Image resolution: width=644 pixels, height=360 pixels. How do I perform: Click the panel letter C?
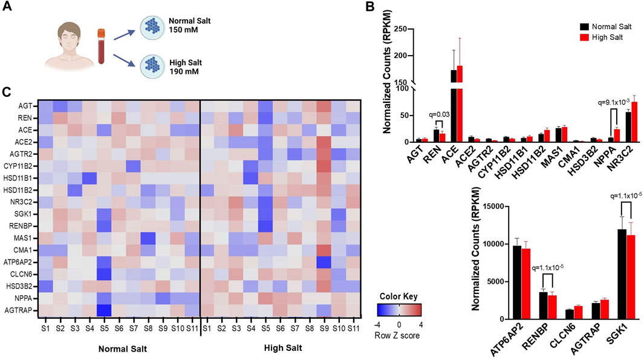(x=7, y=92)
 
